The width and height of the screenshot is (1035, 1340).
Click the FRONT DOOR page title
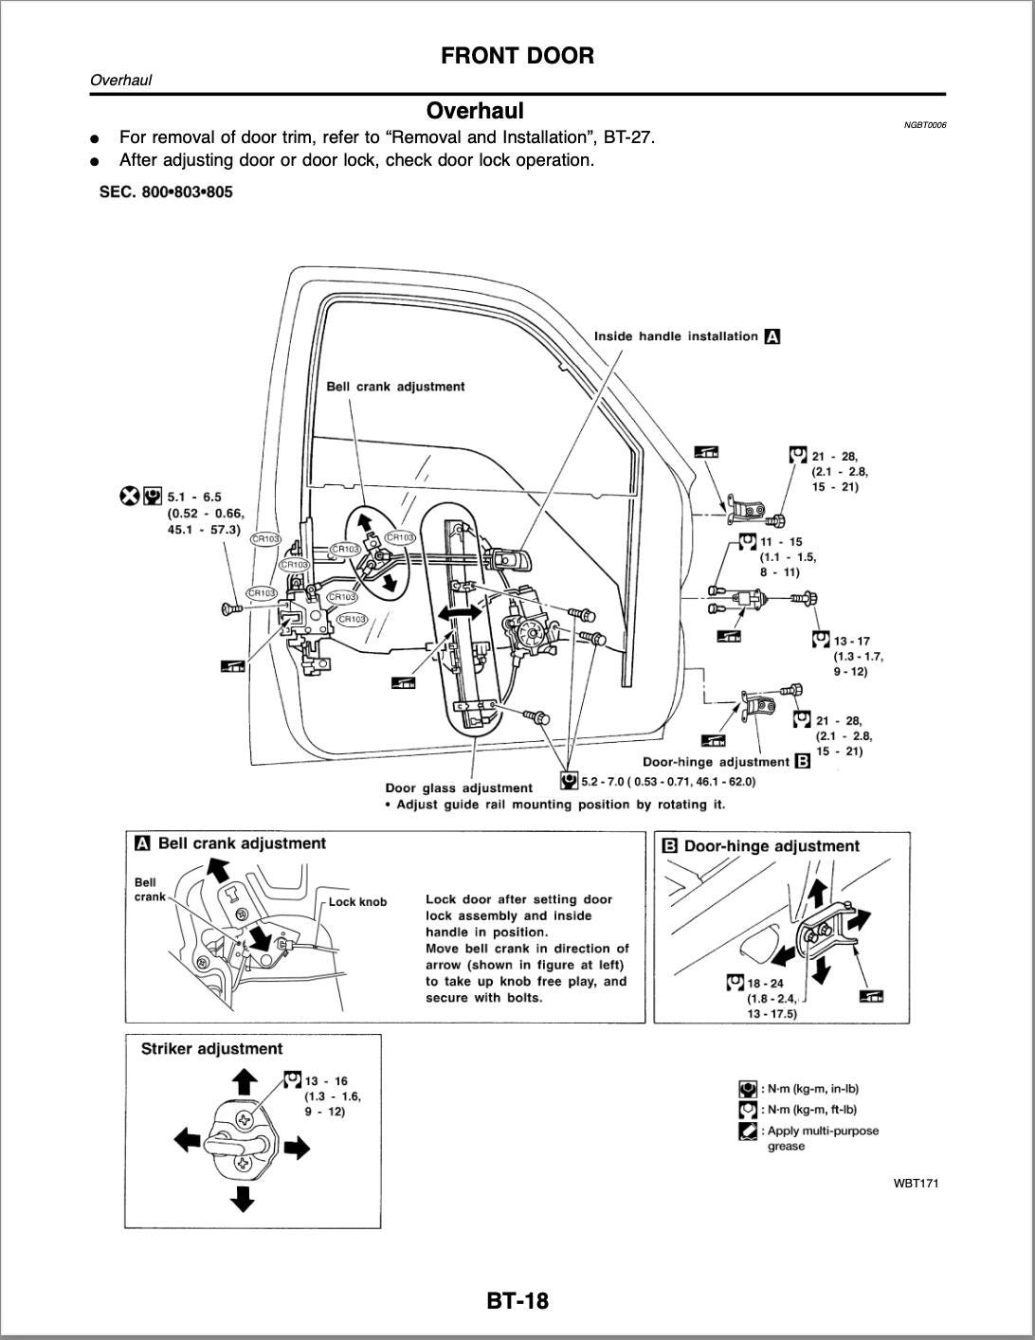517,56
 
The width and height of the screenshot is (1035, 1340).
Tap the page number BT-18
517,1300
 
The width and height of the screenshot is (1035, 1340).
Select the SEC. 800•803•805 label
166,192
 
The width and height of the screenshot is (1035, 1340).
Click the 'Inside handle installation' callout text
676,336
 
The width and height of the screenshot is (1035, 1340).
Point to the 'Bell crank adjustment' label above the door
395,387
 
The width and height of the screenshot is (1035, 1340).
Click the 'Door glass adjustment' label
459,788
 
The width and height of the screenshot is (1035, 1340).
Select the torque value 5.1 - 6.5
194,497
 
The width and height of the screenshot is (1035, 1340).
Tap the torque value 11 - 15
781,542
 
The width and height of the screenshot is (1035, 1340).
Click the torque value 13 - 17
851,642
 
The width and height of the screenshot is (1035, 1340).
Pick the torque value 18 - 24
765,984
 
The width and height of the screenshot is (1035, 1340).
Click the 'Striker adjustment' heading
211,1049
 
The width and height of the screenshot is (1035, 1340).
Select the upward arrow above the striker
244,1080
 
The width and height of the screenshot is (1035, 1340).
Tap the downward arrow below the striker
244,1198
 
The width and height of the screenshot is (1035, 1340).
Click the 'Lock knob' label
357,902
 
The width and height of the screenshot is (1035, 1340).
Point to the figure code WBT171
916,1183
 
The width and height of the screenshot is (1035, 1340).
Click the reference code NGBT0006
924,125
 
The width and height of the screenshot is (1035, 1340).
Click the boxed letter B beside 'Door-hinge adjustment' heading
668,846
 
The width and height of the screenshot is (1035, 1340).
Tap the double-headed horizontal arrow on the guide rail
463,614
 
